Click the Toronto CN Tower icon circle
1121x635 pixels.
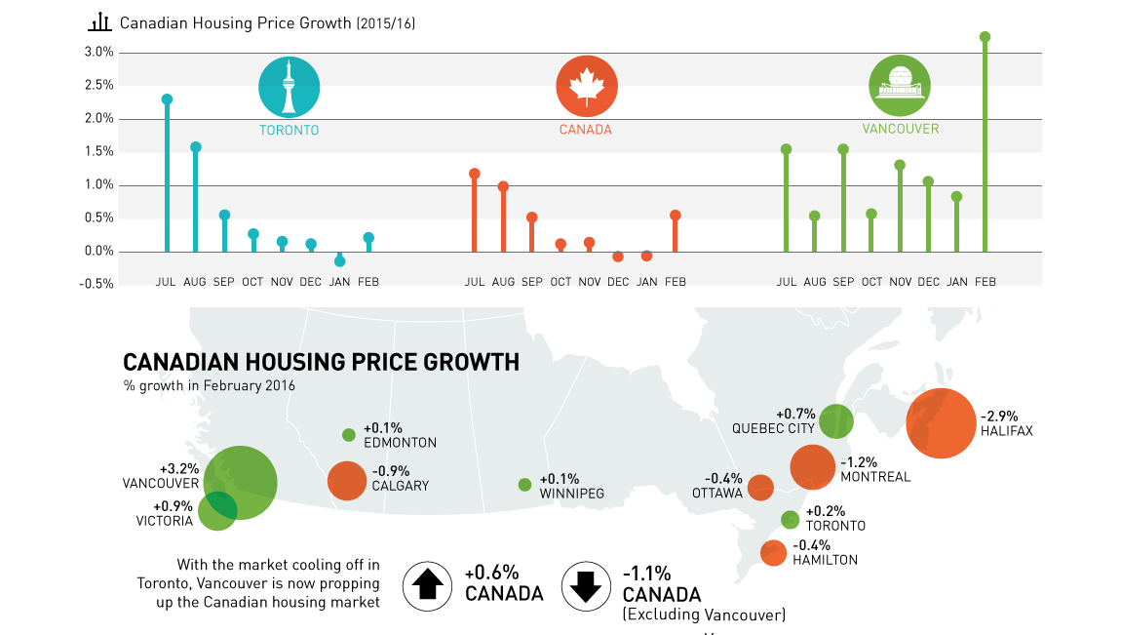pyautogui.click(x=289, y=87)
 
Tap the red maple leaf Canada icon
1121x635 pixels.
pyautogui.click(x=587, y=87)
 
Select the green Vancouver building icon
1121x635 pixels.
pyautogui.click(x=899, y=86)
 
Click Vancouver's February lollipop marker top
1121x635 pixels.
pyautogui.click(x=985, y=37)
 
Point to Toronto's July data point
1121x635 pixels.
pyautogui.click(x=167, y=99)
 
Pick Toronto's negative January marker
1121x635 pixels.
pyautogui.click(x=339, y=261)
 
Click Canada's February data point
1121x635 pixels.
pyautogui.click(x=675, y=216)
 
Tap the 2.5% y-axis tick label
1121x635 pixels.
pyautogui.click(x=99, y=86)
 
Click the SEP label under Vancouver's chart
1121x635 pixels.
pyautogui.click(x=843, y=282)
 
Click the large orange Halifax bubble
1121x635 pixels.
pyautogui.click(x=940, y=423)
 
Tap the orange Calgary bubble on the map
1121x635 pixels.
pyautogui.click(x=346, y=480)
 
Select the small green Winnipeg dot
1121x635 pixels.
pyautogui.click(x=524, y=485)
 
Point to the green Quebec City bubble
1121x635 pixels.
pyautogui.click(x=835, y=421)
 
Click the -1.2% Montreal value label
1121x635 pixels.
pyautogui.click(x=859, y=462)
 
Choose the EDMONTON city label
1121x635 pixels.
pyautogui.click(x=400, y=443)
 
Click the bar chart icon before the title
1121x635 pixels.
pyautogui.click(x=99, y=21)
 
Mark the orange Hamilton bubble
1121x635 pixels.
pyautogui.click(x=773, y=553)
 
